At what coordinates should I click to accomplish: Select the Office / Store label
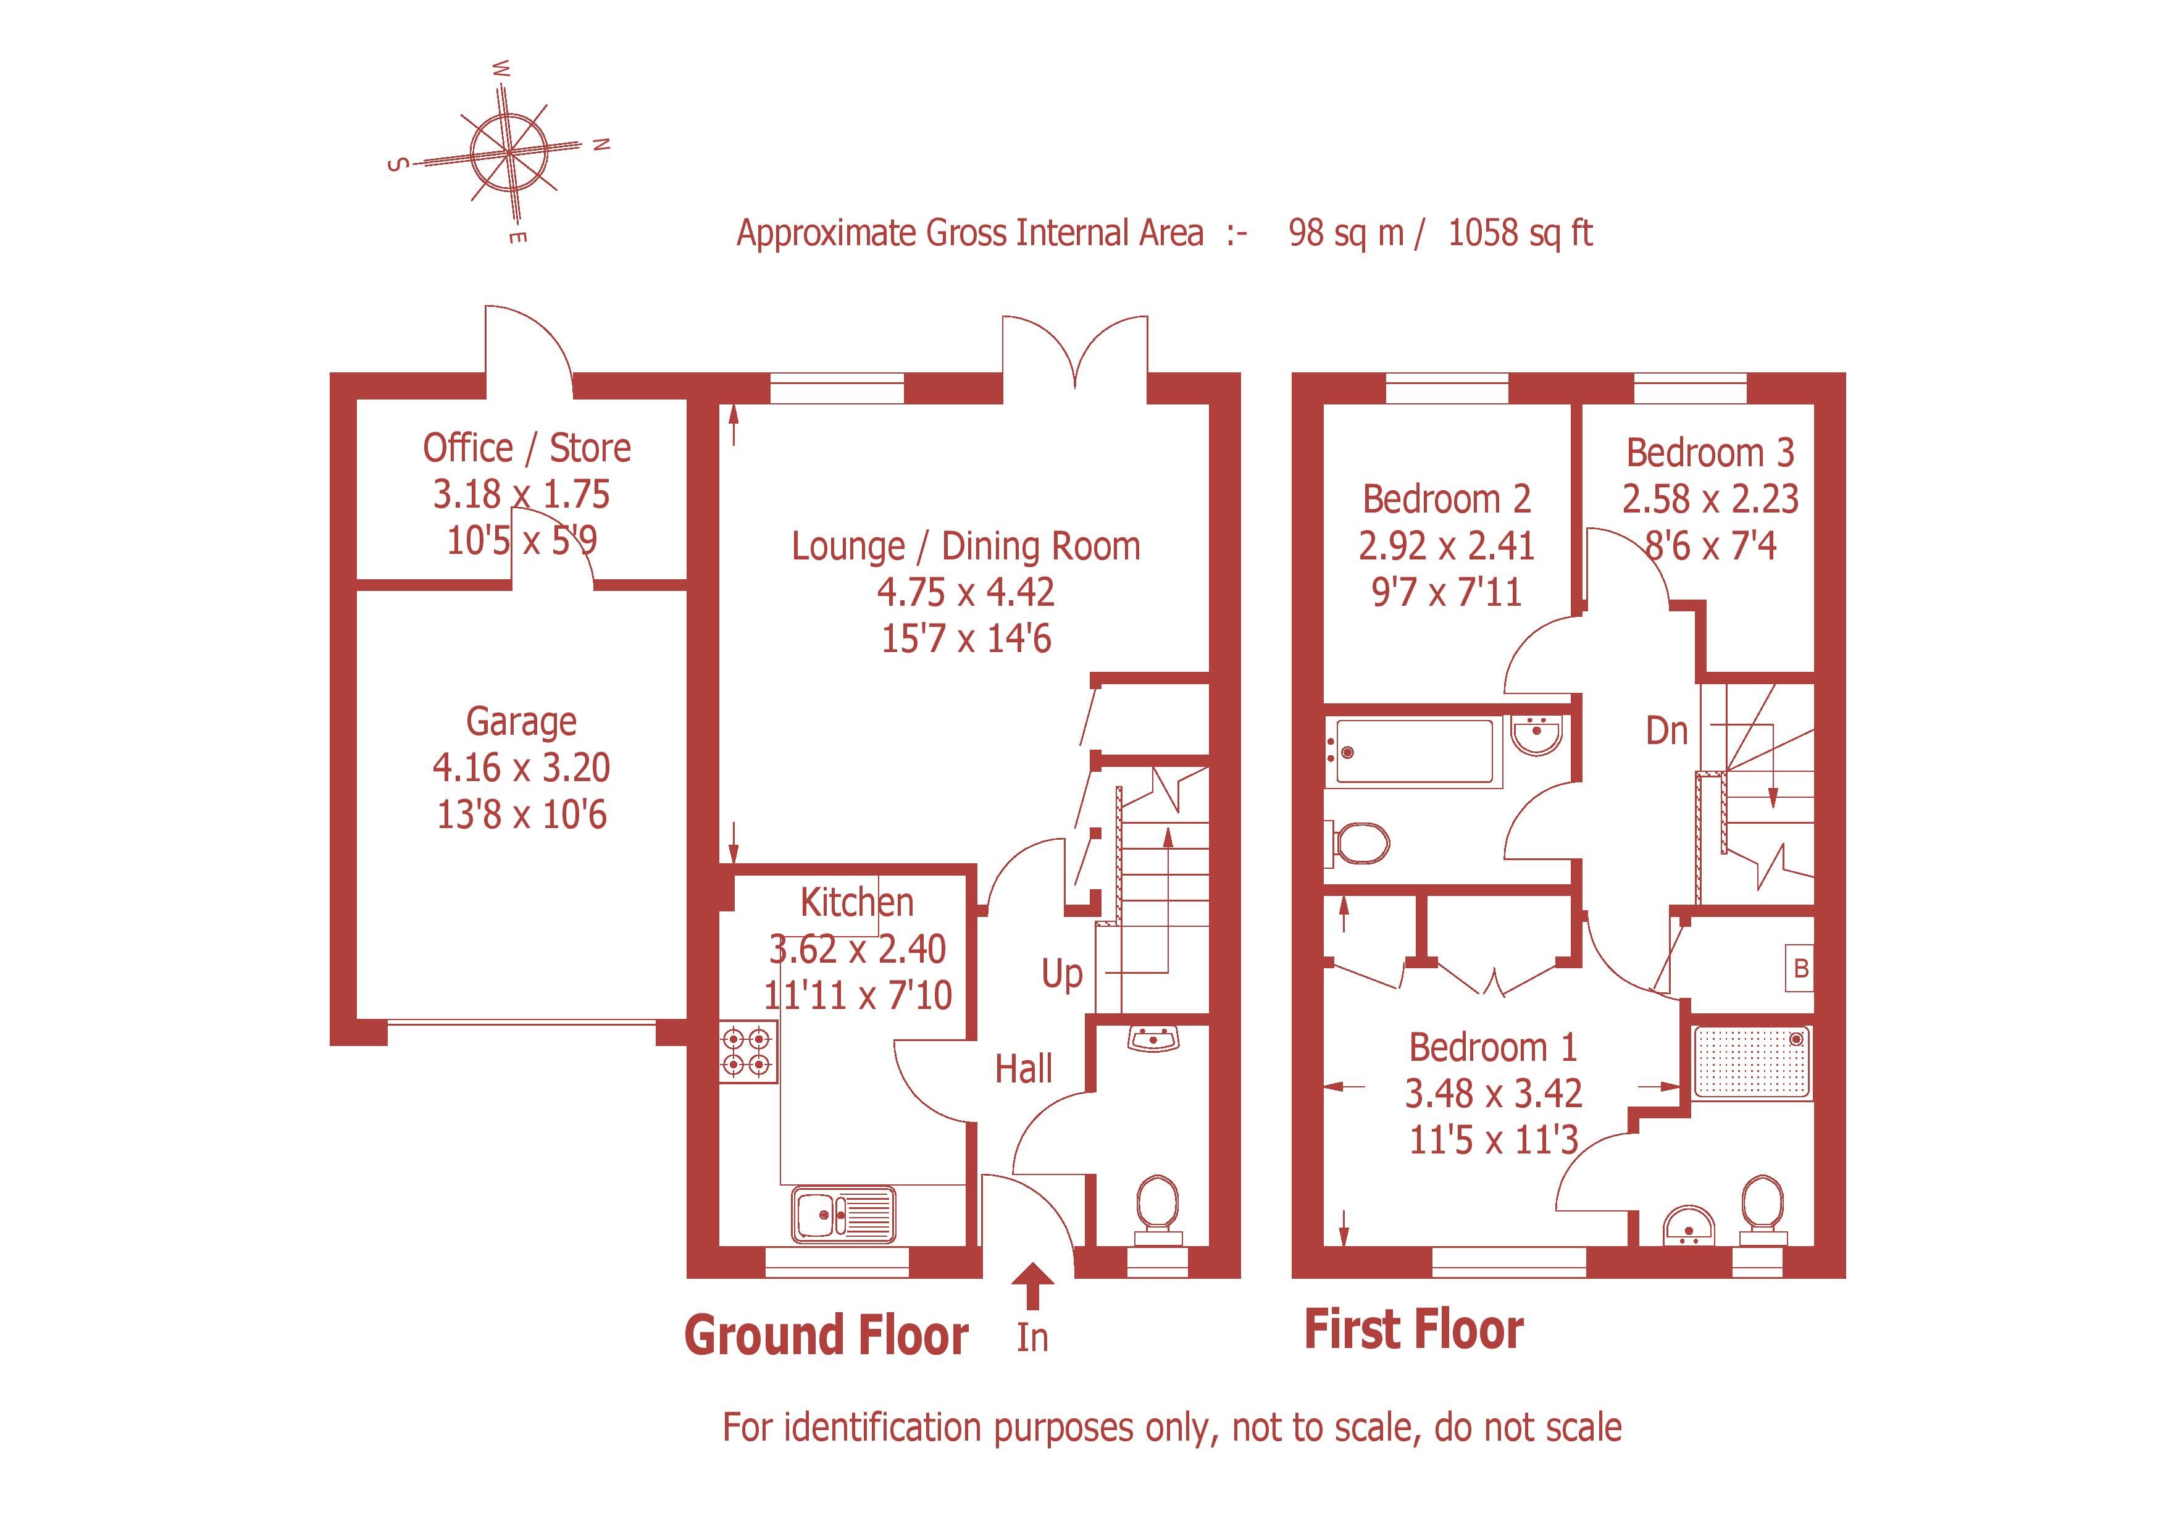(527, 448)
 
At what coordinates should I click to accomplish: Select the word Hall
(1024, 1069)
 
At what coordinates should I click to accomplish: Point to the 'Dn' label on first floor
(1666, 731)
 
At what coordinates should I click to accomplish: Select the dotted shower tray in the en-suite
(1752, 1062)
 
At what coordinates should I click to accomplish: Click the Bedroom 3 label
(1710, 454)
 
